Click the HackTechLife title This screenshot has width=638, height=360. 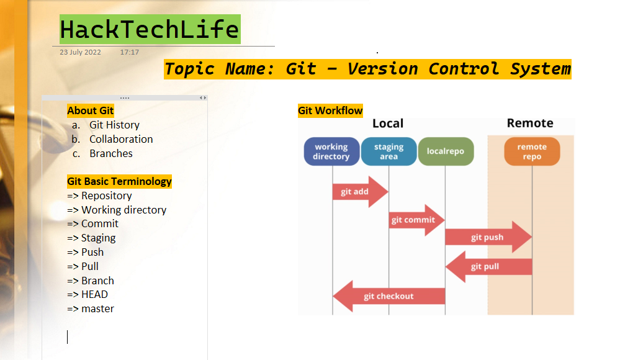[x=150, y=29]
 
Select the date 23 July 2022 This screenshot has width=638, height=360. [x=80, y=53]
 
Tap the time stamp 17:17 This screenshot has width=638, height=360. [x=129, y=53]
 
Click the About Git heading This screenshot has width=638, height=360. [x=91, y=111]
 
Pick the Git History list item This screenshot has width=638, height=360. [x=114, y=125]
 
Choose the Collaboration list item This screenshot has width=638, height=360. [x=121, y=140]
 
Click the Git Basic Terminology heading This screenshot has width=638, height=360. [x=119, y=182]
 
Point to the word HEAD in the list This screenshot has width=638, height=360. [x=94, y=295]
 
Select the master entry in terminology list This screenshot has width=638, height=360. [x=97, y=309]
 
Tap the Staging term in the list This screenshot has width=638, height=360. [x=98, y=238]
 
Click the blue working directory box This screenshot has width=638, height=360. [x=331, y=152]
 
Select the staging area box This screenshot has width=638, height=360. [x=389, y=152]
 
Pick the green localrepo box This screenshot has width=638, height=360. [x=446, y=152]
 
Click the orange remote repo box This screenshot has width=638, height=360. [x=532, y=152]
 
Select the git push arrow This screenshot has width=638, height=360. [x=488, y=237]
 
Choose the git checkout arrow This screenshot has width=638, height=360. [x=389, y=296]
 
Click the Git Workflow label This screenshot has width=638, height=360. [x=330, y=111]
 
